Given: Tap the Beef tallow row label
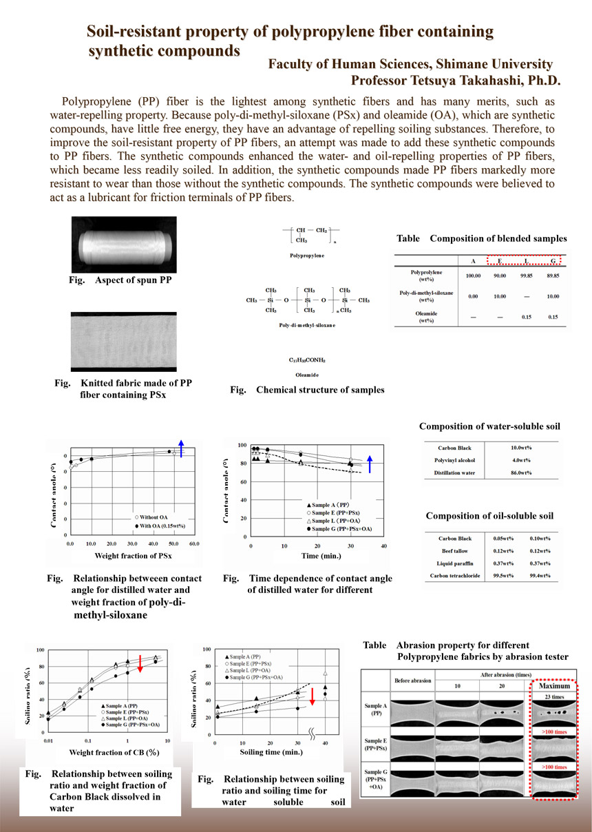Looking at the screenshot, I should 457,552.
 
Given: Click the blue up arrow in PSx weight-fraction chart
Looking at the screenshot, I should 181,448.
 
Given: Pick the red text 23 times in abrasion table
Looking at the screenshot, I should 553,697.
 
